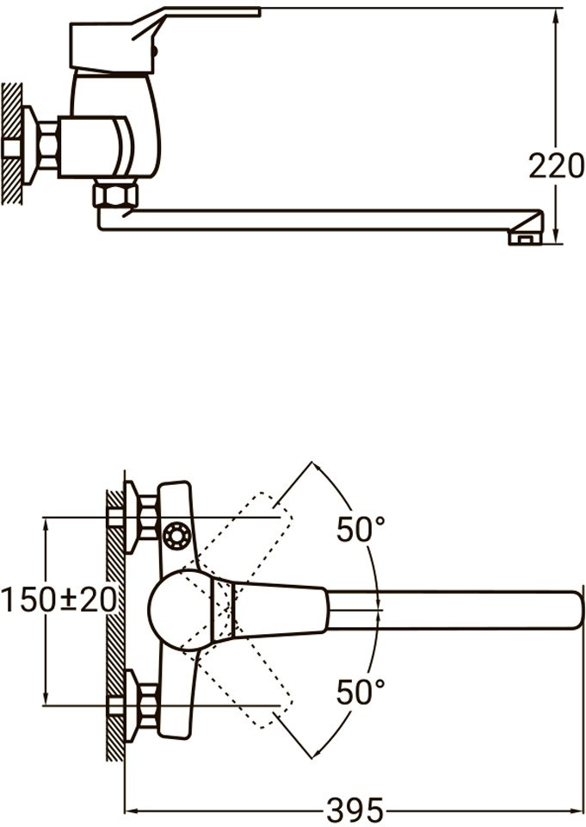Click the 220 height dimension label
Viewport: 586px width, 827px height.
(x=556, y=165)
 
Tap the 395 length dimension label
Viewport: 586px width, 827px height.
(x=355, y=810)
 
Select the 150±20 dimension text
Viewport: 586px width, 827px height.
(x=59, y=600)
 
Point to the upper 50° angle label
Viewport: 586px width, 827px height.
(x=361, y=529)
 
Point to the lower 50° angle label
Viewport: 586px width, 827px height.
(x=361, y=692)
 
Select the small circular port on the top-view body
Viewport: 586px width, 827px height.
(x=176, y=537)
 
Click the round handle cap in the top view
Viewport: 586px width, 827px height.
(x=179, y=610)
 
